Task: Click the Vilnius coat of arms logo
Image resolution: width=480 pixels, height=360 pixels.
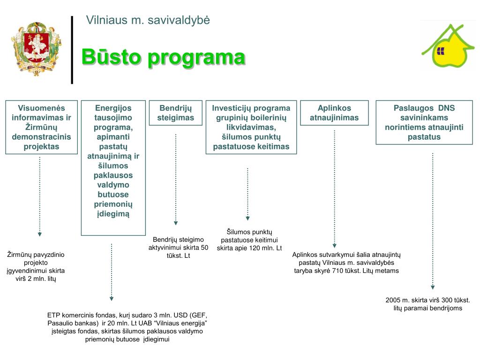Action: coord(36,49)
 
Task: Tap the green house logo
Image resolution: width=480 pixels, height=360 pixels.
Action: coord(448,47)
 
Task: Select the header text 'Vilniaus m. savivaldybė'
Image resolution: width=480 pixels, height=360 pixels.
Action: coord(148,20)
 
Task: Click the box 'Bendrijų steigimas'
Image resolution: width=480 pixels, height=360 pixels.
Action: coord(176,113)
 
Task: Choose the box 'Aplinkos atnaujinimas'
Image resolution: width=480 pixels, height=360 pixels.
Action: coord(334,113)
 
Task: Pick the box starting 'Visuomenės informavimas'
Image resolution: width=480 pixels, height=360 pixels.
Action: coord(41,127)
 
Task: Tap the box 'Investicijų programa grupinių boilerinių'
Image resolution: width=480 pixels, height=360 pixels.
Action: coord(251,127)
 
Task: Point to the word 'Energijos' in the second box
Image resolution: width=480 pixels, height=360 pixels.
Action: coord(113,108)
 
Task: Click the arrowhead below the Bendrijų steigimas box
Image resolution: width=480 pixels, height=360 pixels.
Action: coord(176,223)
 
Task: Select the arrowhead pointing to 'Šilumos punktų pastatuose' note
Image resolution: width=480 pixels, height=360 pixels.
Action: coord(248,218)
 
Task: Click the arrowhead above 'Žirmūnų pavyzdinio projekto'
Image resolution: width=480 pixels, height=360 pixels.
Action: coord(40,234)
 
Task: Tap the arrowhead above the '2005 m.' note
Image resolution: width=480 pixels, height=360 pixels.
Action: coord(433,287)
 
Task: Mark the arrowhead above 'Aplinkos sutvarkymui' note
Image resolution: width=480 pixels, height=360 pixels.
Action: coord(334,245)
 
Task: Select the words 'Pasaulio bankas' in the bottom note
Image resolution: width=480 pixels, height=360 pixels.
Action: coord(70,323)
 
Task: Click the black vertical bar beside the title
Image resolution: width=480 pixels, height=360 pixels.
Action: coord(72,50)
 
